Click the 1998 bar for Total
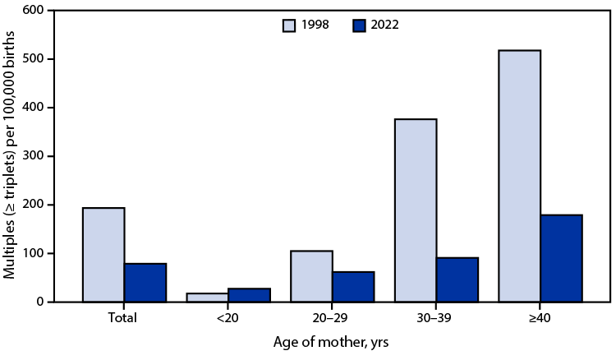pyautogui.click(x=104, y=255)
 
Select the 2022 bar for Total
pyautogui.click(x=145, y=283)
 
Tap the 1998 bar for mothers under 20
pyautogui.click(x=208, y=298)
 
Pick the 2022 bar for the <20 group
pyautogui.click(x=249, y=295)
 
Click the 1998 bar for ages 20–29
pyautogui.click(x=312, y=276)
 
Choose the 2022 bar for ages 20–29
pyautogui.click(x=353, y=287)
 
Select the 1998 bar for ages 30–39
pyautogui.click(x=416, y=210)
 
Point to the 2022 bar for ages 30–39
pyautogui.click(x=457, y=280)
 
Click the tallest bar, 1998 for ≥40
pyautogui.click(x=519, y=176)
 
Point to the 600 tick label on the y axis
pyautogui.click(x=34, y=11)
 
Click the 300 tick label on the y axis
pyautogui.click(x=34, y=156)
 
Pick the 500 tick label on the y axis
pyautogui.click(x=34, y=59)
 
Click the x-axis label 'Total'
pyautogui.click(x=125, y=316)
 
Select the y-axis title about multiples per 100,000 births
pyautogui.click(x=11, y=156)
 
